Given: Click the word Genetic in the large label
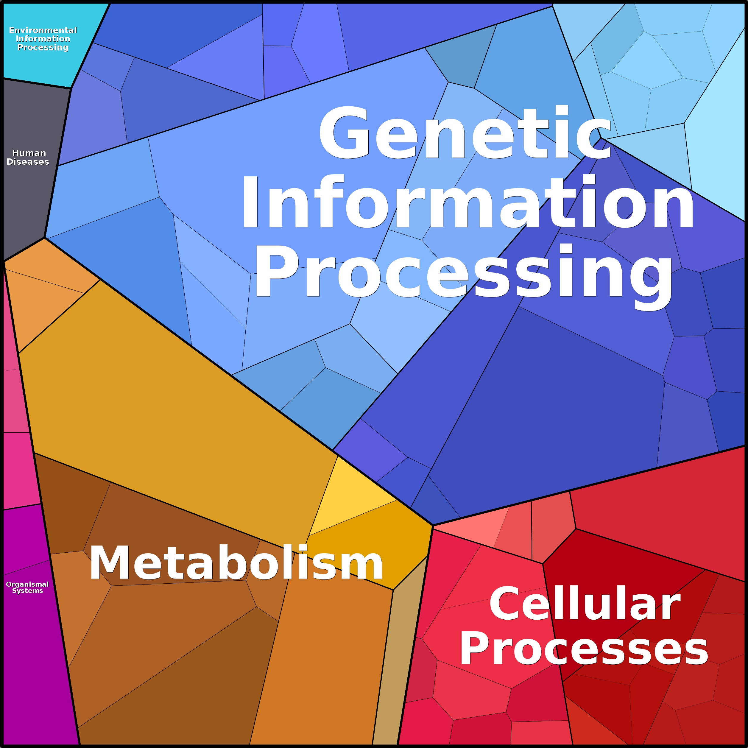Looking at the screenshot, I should (x=465, y=134).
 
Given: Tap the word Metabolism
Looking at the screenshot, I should (x=236, y=563).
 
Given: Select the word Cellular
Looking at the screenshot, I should (x=585, y=604).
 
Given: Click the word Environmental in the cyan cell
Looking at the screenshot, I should (x=43, y=30).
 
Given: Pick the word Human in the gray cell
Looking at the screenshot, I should (x=29, y=153).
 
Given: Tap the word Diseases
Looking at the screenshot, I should (x=28, y=162).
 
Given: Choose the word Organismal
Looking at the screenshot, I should (x=27, y=584).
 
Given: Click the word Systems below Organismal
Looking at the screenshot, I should (x=27, y=591).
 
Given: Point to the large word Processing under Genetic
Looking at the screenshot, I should (x=463, y=273).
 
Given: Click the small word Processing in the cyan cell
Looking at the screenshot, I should (x=43, y=47).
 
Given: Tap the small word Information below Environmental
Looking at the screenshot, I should (x=43, y=39).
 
